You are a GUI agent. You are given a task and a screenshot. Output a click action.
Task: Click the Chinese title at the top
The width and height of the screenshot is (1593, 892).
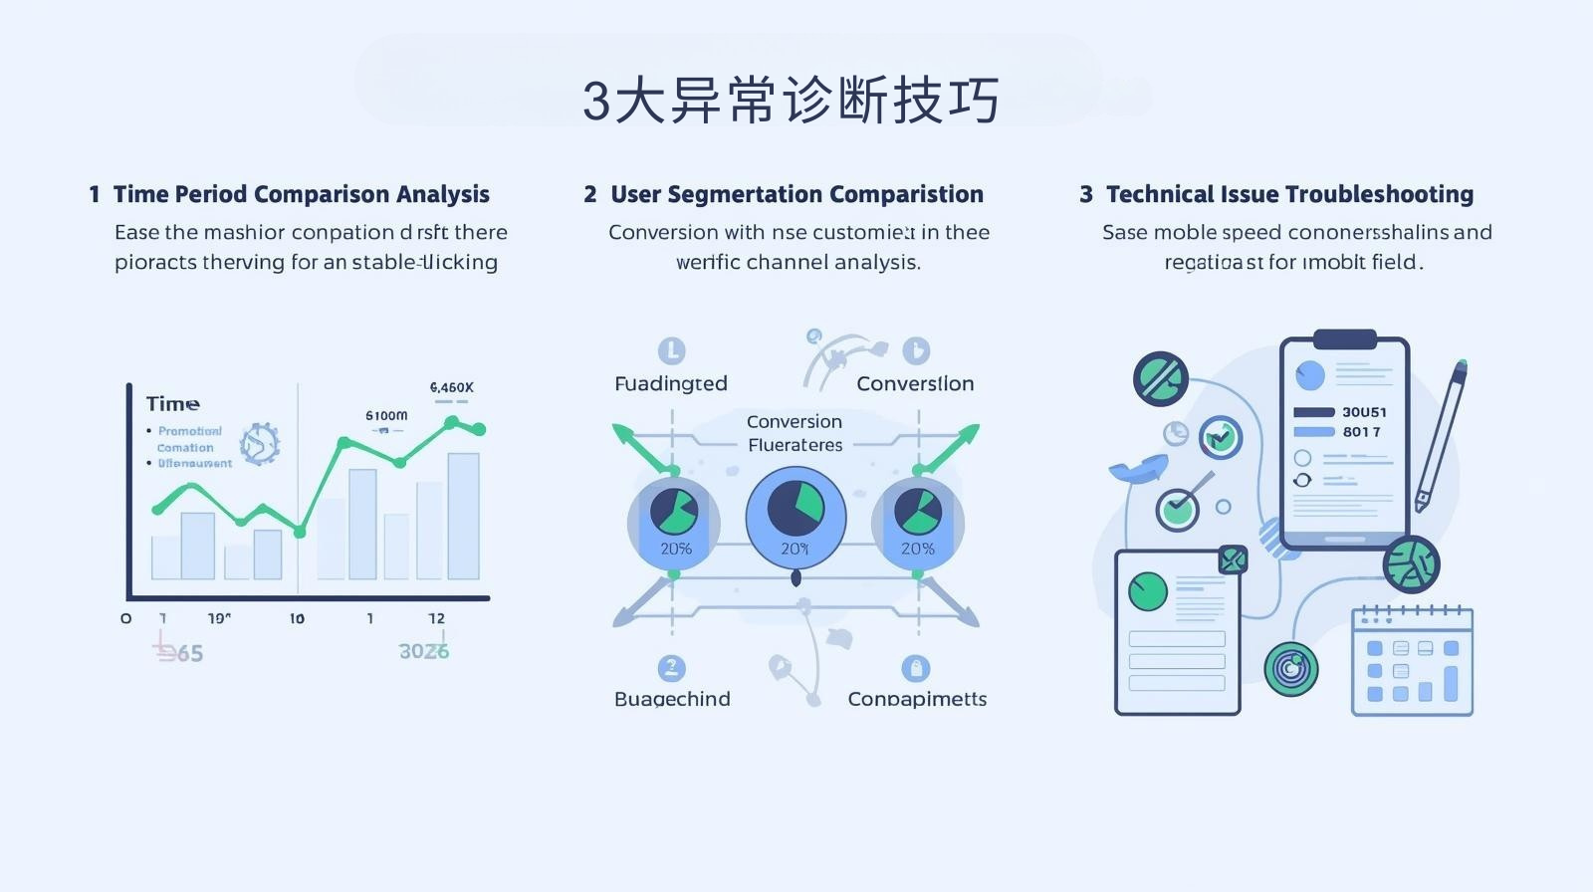pos(791,101)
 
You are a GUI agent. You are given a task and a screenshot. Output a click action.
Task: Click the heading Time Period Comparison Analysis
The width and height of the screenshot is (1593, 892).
pos(301,194)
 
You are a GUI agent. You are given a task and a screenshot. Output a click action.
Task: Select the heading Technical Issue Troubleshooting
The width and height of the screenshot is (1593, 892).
pos(1289,194)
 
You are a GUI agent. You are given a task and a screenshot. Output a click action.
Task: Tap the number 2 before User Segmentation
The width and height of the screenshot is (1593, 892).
pos(590,194)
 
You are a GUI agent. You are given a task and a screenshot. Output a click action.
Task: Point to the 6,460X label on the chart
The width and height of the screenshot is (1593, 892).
pos(451,387)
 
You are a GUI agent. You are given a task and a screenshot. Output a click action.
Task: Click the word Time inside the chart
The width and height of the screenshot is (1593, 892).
pos(172,403)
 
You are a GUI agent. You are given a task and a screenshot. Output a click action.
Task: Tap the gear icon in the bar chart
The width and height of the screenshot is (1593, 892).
pos(259,443)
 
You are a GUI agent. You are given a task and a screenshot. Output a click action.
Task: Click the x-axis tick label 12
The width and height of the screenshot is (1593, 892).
pos(436,618)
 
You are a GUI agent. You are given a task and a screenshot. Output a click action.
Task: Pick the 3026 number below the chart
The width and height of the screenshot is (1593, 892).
pos(423,652)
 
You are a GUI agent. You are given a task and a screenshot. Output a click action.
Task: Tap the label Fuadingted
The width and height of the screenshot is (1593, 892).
pos(670,383)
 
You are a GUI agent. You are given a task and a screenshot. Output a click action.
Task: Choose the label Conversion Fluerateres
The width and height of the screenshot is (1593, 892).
pos(795,433)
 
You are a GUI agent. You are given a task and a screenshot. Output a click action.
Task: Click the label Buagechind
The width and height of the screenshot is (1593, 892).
pos(672,699)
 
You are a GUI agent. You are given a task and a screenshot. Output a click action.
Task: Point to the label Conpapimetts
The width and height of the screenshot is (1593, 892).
pos(917,699)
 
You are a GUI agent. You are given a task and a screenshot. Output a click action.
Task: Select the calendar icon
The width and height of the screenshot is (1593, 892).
pos(1412,661)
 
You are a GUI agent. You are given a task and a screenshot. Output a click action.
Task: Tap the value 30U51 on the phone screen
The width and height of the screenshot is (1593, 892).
pos(1363,412)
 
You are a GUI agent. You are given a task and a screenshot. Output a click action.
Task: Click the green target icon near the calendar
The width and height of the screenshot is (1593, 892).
pos(1290,669)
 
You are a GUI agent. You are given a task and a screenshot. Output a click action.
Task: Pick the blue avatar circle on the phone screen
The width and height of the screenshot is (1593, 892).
pos(1309,375)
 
